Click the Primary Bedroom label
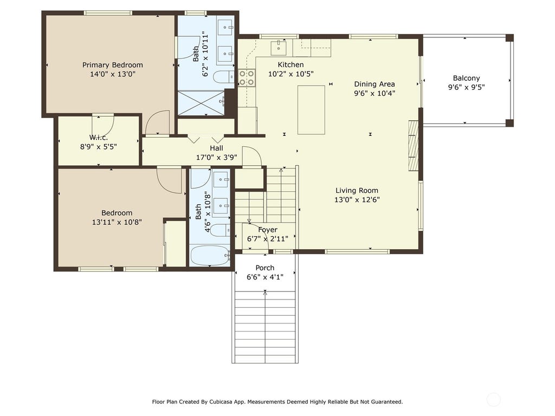click(x=113, y=65)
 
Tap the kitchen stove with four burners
click(x=247, y=78)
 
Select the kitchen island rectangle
click(x=311, y=109)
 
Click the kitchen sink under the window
click(x=279, y=48)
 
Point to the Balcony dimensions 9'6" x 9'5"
click(x=466, y=87)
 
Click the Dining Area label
click(x=375, y=84)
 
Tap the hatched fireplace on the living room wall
click(x=414, y=145)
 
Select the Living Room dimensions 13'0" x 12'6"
click(x=357, y=200)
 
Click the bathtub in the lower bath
click(x=210, y=256)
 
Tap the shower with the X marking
click(x=201, y=103)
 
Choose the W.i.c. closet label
click(x=99, y=138)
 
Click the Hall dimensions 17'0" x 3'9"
click(x=216, y=158)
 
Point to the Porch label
click(x=264, y=268)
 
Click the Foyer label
click(x=268, y=230)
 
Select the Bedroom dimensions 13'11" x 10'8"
click(x=117, y=222)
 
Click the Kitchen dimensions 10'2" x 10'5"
click(x=291, y=74)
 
